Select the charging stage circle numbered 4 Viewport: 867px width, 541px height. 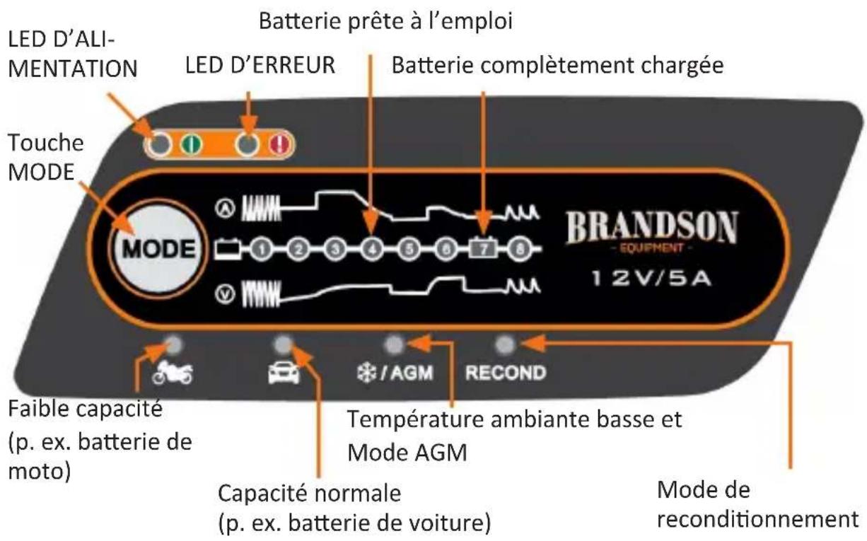point(371,250)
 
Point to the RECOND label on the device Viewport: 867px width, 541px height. point(505,372)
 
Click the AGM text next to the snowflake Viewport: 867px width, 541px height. point(416,372)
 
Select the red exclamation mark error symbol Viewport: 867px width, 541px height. point(284,145)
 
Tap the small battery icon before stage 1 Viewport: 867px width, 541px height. point(233,250)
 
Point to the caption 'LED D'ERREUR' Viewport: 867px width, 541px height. point(260,66)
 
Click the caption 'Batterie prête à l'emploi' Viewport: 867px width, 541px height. point(385,21)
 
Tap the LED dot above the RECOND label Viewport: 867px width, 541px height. point(504,345)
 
